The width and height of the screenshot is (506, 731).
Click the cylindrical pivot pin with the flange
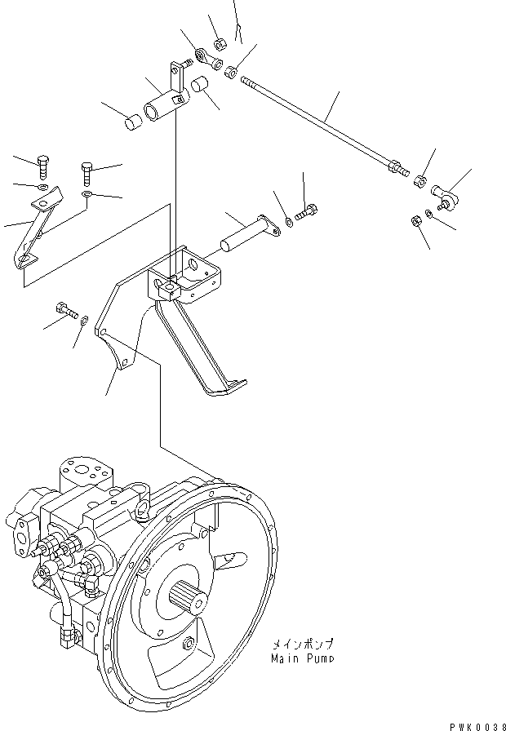tap(248, 232)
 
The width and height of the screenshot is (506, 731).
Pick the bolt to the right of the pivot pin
tap(305, 212)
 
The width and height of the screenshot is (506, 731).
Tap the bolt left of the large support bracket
tap(65, 310)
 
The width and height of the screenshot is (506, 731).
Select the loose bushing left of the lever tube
tap(133, 122)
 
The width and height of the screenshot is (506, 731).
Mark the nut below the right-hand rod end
tap(413, 219)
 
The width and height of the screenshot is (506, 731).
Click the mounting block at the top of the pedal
tap(167, 286)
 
